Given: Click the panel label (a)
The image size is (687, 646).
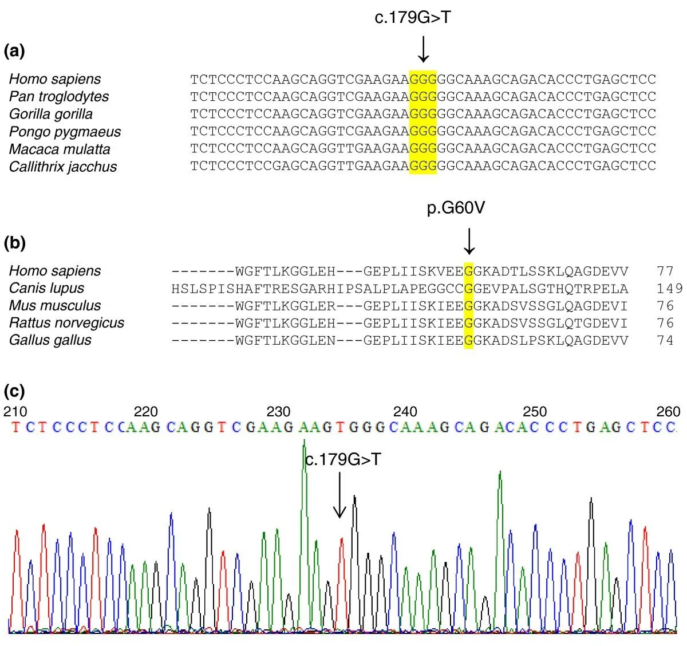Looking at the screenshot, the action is coord(14,52).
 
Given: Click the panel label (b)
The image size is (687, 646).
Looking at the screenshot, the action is coord(14,243).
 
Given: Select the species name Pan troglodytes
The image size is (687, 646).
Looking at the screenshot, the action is coord(58,96).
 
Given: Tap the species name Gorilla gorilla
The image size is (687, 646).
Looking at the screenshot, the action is coord(50,114).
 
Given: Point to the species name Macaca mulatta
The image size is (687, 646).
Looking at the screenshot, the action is coord(60,149).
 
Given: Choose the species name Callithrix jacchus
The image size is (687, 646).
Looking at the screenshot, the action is coord(63,167).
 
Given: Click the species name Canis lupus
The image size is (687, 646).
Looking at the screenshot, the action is coord(46,288).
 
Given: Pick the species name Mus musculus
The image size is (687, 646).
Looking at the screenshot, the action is coord(55,305).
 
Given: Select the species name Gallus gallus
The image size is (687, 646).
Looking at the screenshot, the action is coord(50,340).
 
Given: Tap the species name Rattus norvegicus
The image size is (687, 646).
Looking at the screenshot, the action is coord(66,322).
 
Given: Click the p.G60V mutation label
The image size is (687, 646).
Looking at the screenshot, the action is coord(456,208).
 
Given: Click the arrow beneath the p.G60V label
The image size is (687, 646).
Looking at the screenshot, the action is coord(469,241).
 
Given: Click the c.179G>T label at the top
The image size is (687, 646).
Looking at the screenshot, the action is coord(413,18).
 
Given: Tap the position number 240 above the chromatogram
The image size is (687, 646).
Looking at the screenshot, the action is coord(405,412).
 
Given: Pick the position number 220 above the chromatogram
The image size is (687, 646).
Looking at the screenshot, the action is coord(145,412).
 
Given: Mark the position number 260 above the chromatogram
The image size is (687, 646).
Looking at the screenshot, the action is coord(668,412).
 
